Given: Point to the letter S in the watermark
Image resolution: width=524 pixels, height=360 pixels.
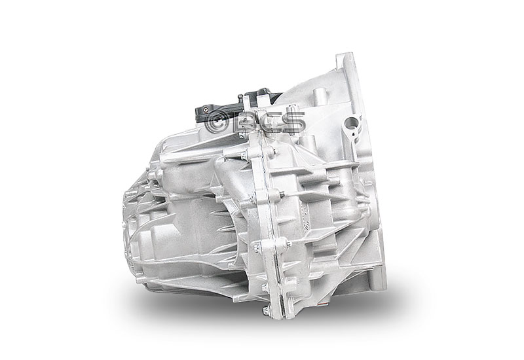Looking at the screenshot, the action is [293, 122].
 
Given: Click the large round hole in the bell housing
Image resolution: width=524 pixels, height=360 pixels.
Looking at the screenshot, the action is [351, 123].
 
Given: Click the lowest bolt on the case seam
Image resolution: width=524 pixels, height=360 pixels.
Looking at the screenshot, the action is [266, 311].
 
